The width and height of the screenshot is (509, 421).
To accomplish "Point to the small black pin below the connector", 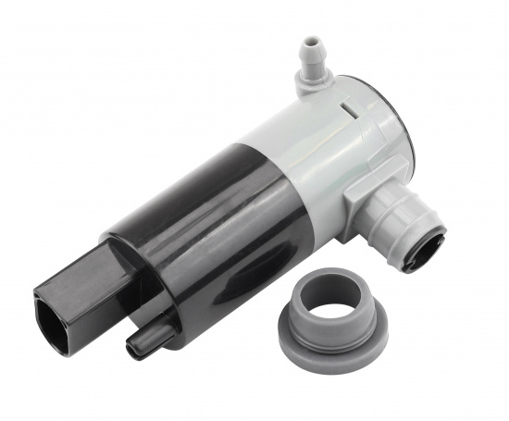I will coord(148,337).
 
